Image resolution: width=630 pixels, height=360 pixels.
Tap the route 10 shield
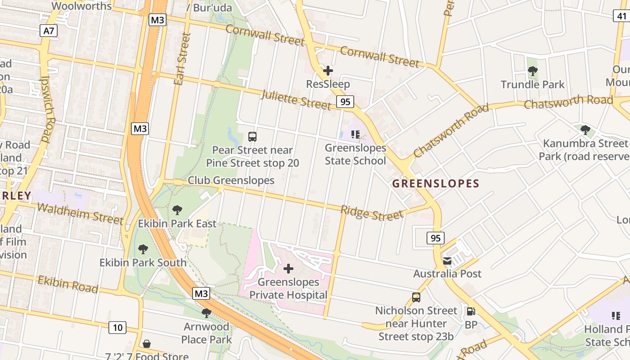coord(117,327)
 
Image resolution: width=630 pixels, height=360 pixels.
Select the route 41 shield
coord(621,16)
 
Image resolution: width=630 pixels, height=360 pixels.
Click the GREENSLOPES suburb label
coord(436,184)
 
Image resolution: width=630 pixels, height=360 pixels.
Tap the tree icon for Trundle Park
coord(533,71)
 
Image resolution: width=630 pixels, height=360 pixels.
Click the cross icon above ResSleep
coord(328,71)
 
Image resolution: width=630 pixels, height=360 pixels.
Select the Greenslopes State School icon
coord(355,135)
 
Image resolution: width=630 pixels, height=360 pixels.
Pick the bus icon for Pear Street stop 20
coord(252,136)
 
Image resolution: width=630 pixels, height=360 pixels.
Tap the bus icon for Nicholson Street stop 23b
coord(416,297)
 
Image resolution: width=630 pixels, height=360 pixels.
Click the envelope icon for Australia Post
coord(447,261)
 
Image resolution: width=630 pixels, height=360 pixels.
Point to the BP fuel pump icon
coord(471,311)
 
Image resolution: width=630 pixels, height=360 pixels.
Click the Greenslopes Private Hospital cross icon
coord(288,269)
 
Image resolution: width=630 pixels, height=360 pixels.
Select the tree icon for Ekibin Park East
coord(177,210)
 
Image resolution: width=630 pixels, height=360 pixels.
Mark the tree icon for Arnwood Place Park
coord(207,313)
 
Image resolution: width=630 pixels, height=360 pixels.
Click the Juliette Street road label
coord(296,99)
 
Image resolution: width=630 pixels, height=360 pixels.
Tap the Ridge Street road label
coord(372,213)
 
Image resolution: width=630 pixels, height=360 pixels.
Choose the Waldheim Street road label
coord(80,213)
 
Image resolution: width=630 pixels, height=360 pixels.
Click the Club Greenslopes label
coord(231,180)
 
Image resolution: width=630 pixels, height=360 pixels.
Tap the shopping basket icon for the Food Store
coord(147,344)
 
